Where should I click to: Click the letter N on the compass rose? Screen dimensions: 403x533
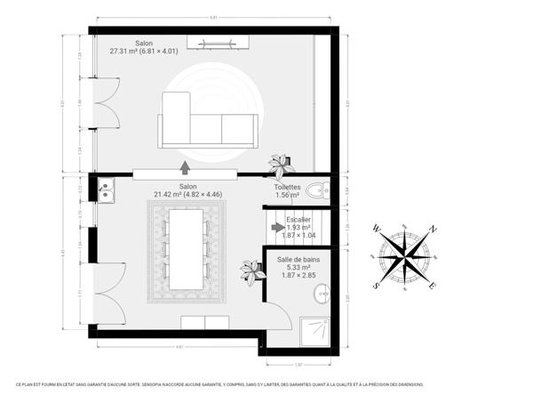click(x=433, y=229)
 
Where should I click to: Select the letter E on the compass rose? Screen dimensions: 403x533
click(x=433, y=286)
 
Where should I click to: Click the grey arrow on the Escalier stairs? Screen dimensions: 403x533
click(x=278, y=228)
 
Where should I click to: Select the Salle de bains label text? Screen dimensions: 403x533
click(x=298, y=259)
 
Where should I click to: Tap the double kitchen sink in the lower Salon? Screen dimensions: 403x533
click(x=105, y=189)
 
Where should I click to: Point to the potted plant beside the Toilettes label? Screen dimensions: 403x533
click(x=282, y=165)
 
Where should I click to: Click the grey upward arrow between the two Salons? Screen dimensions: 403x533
click(x=185, y=165)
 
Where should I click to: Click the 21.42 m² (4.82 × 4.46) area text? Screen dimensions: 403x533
click(x=187, y=193)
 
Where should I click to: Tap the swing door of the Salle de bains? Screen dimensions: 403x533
click(x=277, y=314)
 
